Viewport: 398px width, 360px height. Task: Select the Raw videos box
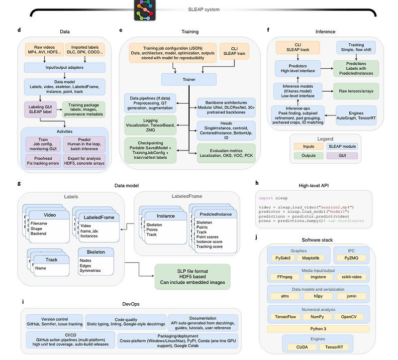pyautogui.click(x=43, y=50)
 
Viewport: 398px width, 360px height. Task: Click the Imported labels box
pyautogui.click(x=85, y=50)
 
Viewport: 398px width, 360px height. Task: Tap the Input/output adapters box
pyautogui.click(x=65, y=67)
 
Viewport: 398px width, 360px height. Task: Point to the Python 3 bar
pyautogui.click(x=318, y=329)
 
